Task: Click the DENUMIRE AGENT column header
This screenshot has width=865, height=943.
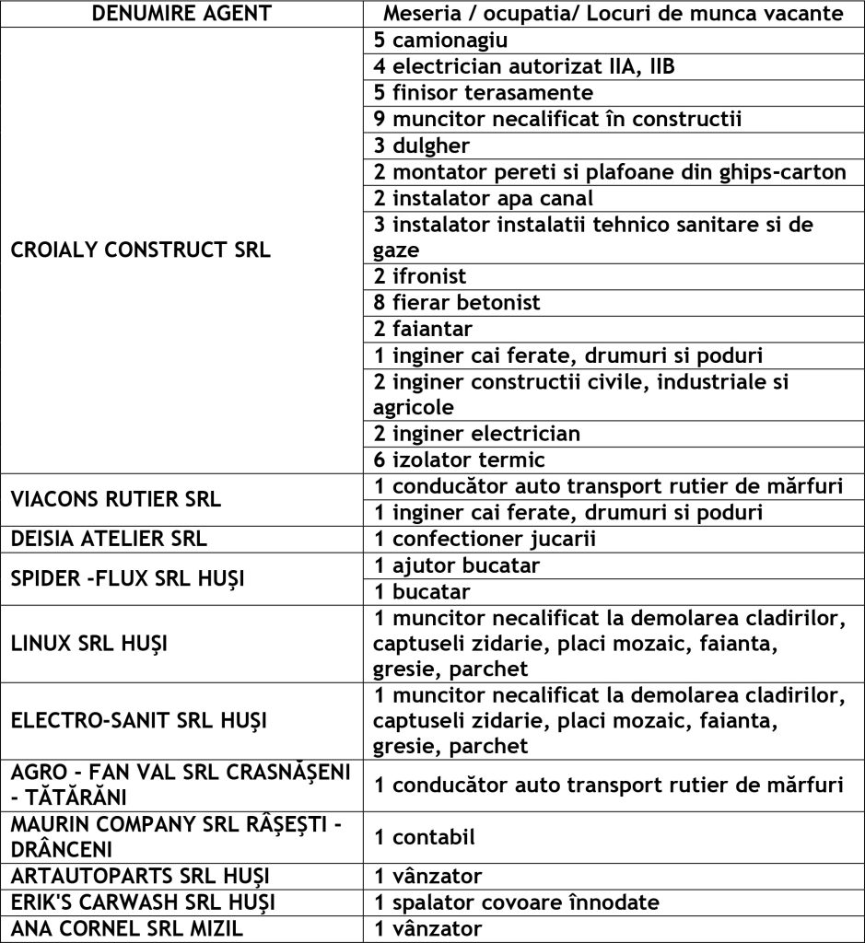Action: tap(182, 14)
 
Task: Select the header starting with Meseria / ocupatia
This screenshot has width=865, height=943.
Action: tap(613, 14)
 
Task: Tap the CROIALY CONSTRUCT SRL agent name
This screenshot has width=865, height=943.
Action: tap(141, 250)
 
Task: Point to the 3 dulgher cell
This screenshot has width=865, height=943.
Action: tap(422, 146)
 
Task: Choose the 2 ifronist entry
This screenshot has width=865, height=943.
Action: tap(420, 276)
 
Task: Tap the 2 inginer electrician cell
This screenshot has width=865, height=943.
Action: tap(476, 433)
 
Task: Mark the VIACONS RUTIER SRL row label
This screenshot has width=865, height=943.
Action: tap(116, 499)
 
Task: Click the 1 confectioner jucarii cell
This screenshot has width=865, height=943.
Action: tap(485, 539)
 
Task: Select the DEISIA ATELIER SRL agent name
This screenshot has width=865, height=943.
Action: tap(109, 539)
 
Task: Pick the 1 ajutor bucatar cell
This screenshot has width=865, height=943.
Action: tap(457, 565)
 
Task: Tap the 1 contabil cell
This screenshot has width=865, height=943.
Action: tap(420, 837)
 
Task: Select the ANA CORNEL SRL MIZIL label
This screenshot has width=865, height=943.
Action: tap(126, 928)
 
